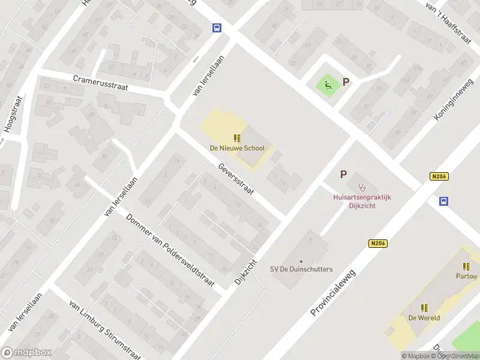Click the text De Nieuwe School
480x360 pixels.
point(236,148)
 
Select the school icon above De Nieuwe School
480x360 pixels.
point(236,138)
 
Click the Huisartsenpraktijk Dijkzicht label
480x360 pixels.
point(362,200)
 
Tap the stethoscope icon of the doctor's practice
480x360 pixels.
point(361,187)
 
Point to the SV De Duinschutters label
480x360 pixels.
point(301,269)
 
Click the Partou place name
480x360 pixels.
point(466,277)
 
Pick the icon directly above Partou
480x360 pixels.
point(466,266)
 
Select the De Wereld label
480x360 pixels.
point(424,318)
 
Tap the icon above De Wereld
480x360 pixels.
point(424,308)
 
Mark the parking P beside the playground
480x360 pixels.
point(346,82)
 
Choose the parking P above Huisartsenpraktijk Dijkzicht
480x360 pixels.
point(343,174)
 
